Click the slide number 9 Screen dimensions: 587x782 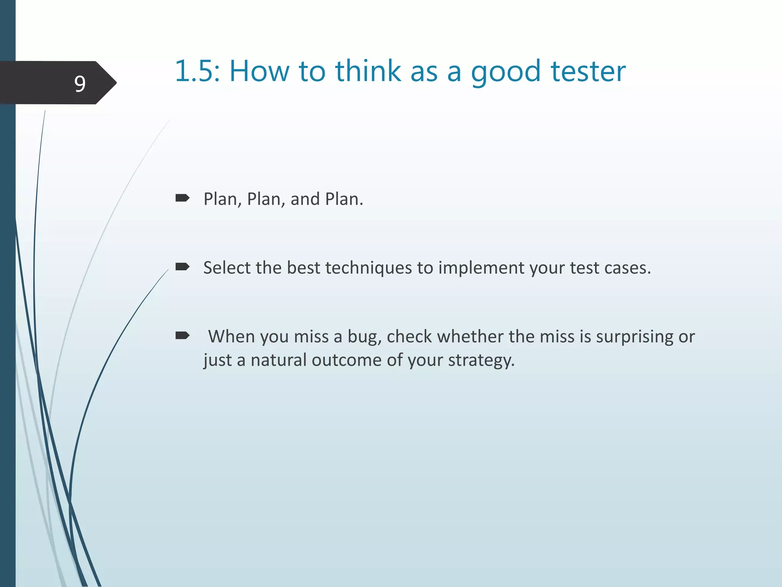[x=80, y=84]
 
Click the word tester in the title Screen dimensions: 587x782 [x=588, y=71]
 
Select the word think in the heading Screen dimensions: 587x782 [x=368, y=71]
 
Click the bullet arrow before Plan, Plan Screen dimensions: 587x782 [x=182, y=198]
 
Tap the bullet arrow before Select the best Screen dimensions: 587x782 [x=182, y=267]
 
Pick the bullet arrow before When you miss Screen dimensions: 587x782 [x=182, y=336]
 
